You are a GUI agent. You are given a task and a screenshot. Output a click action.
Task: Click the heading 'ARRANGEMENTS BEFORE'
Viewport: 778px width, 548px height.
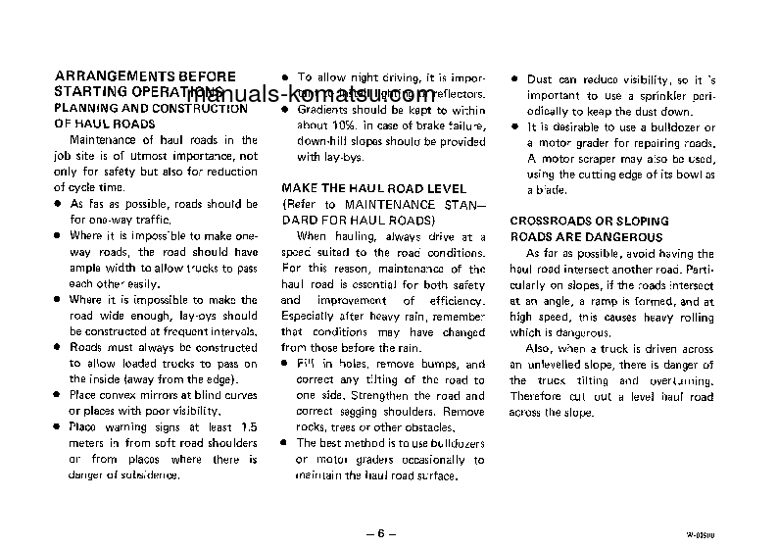coord(145,75)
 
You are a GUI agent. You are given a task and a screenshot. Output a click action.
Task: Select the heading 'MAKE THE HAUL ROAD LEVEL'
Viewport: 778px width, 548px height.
coord(374,188)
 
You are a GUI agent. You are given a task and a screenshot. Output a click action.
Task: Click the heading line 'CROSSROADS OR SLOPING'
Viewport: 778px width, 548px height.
coord(575,222)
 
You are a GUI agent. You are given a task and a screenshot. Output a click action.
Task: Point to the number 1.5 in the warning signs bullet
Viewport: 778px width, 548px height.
coord(249,427)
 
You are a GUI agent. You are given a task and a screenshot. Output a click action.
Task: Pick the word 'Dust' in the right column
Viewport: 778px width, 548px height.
coord(540,79)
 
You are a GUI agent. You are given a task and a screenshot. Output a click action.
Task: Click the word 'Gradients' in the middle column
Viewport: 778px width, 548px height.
coord(324,111)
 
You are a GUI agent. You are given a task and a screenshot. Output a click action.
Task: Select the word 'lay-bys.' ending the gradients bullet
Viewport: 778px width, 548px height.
coord(316,157)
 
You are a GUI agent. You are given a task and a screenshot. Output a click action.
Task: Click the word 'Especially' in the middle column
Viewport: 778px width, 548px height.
coord(312,316)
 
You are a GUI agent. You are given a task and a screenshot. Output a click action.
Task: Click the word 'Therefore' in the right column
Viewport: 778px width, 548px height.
coord(535,396)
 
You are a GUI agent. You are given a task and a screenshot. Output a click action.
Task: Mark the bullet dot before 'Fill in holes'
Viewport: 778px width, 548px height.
coord(285,364)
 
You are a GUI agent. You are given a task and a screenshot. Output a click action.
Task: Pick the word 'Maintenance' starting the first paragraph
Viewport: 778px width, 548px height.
coord(102,140)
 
